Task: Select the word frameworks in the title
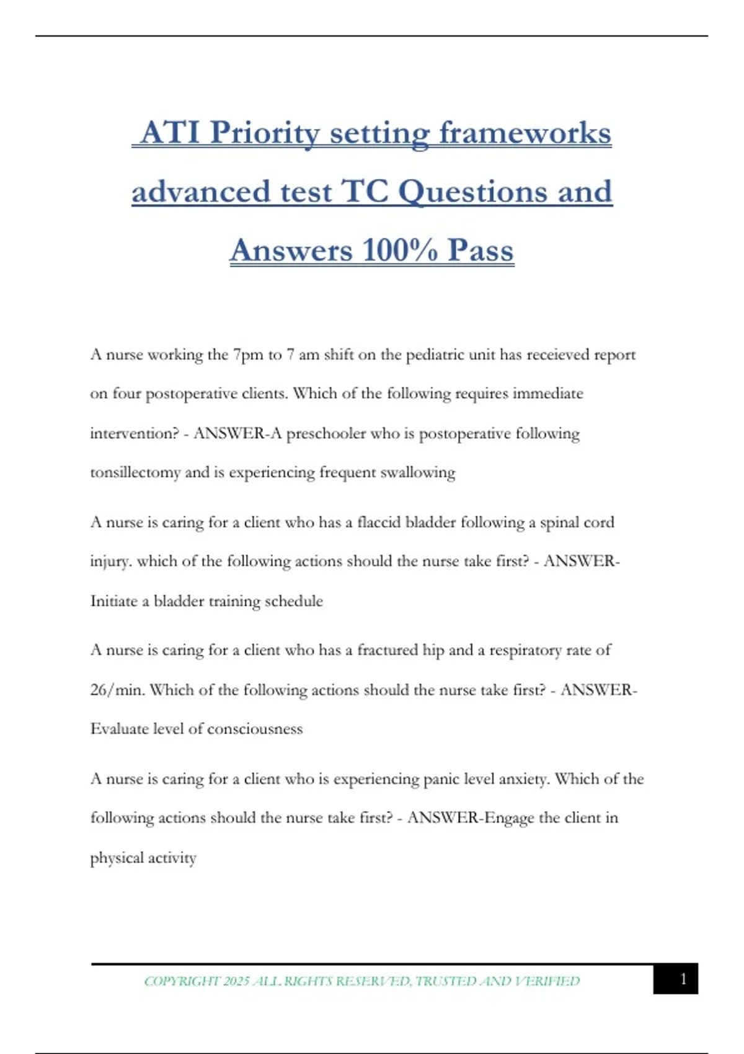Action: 525,133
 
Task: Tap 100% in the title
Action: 399,250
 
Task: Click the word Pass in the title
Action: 480,250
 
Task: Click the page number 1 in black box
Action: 683,979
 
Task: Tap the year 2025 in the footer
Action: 236,981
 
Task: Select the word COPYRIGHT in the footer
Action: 182,981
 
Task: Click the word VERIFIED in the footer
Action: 548,981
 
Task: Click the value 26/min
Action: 117,690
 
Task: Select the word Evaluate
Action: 119,729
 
